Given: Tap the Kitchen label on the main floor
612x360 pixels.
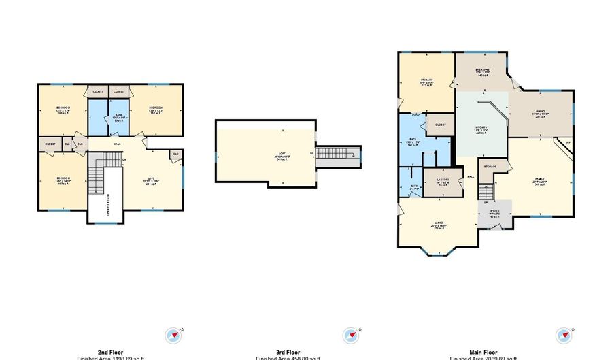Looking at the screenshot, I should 482,129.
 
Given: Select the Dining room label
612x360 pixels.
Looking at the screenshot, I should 541,113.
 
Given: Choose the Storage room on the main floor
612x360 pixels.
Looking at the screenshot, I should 490,167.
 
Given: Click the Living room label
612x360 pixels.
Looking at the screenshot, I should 439,226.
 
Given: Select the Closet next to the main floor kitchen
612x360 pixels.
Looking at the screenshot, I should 440,125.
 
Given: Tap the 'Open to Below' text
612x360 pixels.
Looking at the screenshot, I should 105,203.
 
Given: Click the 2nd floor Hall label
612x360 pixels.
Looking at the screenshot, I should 116,144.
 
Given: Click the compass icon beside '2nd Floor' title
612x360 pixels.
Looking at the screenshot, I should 174,335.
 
